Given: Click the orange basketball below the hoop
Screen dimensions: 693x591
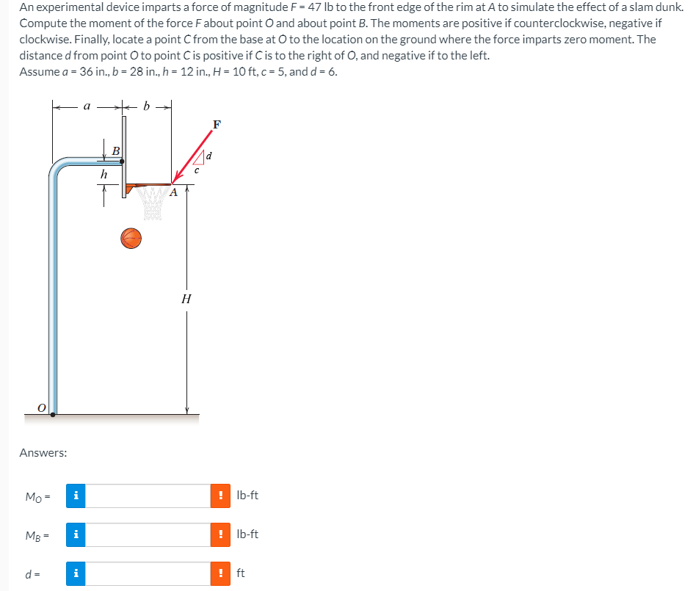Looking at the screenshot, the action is tap(131, 238).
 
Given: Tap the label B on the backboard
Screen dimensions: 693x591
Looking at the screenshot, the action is tap(115, 151).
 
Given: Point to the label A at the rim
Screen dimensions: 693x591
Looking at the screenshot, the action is tap(173, 193).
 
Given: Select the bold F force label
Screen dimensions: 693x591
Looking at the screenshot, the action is tap(216, 124).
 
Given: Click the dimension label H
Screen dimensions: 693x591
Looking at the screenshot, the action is tap(186, 299).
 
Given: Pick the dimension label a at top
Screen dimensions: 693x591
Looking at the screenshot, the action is tap(87, 106).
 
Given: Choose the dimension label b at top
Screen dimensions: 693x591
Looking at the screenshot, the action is tap(147, 106).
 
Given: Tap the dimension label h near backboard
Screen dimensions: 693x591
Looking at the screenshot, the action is tap(104, 175).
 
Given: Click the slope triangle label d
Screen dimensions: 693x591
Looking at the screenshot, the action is tap(209, 156).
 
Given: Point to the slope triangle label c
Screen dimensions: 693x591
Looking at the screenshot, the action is tap(195, 171).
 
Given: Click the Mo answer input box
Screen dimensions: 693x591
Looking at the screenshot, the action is tap(150, 496).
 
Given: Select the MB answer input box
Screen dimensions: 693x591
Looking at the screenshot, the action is tap(150, 534).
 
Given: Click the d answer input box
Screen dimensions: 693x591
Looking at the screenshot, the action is tap(150, 573).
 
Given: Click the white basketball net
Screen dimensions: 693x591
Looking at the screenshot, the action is tap(152, 202).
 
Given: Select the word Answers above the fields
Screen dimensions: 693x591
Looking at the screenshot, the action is tap(43, 453).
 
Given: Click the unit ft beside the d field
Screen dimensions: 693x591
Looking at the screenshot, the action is tap(241, 573).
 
